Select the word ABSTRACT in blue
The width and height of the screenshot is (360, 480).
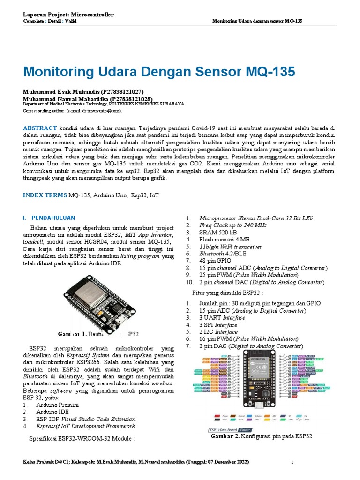coord(40,127)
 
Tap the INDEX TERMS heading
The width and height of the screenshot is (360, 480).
coord(45,195)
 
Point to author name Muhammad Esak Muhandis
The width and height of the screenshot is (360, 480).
coord(83,91)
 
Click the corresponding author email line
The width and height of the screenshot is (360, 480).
coord(73,111)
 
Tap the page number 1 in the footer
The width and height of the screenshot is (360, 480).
coord(292,463)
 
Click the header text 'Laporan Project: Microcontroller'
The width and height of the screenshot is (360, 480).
coord(68,15)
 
